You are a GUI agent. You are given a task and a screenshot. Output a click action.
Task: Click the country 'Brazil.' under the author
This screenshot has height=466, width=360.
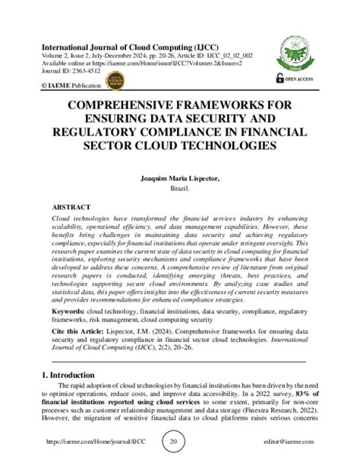[180, 189]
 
